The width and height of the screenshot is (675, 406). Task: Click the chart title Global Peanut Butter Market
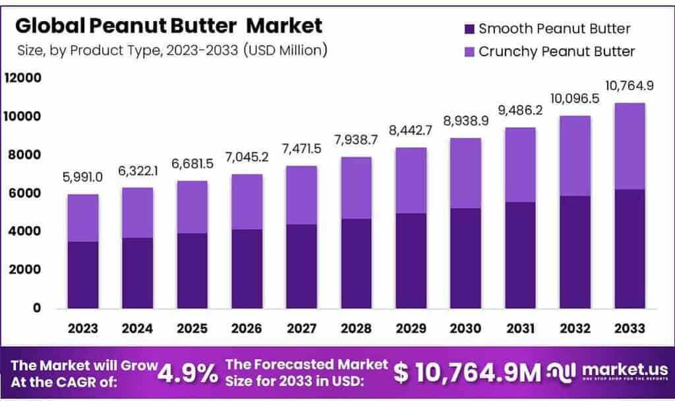click(x=169, y=26)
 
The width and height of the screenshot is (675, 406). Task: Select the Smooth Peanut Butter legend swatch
click(x=469, y=29)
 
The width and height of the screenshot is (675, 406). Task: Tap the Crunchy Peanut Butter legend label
click(x=556, y=51)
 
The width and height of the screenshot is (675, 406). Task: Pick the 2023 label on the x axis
click(x=82, y=328)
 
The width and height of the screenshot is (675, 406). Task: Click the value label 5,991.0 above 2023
click(x=82, y=178)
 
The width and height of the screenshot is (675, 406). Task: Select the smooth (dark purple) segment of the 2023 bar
click(x=82, y=275)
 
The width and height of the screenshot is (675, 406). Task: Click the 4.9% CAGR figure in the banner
click(x=189, y=374)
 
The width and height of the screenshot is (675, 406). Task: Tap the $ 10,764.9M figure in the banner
click(x=467, y=373)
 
